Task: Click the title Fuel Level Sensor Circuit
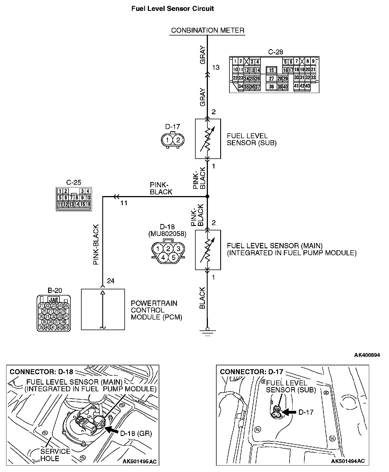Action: pos(172,9)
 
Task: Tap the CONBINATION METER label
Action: pos(207,30)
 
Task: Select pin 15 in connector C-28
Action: pos(271,70)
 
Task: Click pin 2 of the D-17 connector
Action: pos(178,140)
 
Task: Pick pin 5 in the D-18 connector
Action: pos(173,257)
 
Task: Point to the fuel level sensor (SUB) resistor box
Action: pos(208,139)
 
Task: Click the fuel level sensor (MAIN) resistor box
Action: pos(208,250)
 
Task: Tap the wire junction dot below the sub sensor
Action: pos(207,197)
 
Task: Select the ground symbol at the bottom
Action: pos(207,332)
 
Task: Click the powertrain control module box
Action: pos(103,309)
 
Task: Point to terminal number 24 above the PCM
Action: pos(111,281)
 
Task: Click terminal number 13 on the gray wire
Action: pos(216,67)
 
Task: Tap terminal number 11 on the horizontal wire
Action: pos(124,203)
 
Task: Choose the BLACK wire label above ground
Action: pos(203,298)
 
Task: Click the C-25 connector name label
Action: pos(74,182)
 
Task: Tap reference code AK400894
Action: pos(367,355)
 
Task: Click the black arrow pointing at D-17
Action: pos(289,412)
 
